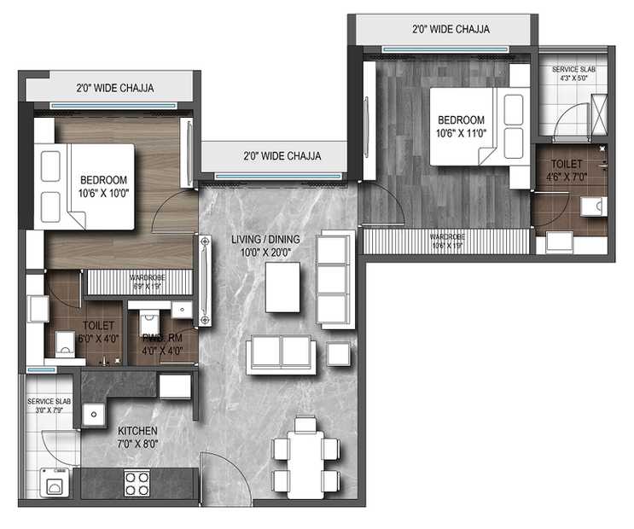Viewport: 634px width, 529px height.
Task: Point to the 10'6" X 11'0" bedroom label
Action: point(461,126)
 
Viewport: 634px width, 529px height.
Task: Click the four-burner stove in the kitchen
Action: point(137,484)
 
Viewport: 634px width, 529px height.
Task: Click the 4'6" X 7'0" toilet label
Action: point(567,170)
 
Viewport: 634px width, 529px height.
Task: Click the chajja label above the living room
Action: point(282,156)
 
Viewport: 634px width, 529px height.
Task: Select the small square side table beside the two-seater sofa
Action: point(339,354)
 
